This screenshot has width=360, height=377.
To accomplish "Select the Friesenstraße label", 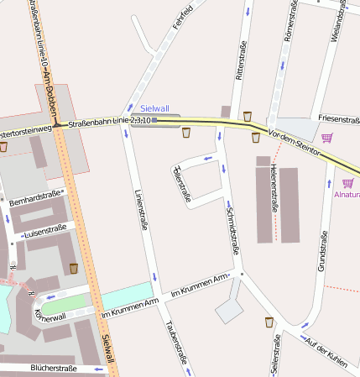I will [337, 119].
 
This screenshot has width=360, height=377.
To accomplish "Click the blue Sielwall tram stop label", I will [154, 108].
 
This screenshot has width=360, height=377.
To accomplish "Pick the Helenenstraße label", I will [274, 187].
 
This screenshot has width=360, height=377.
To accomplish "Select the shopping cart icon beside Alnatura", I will [348, 182].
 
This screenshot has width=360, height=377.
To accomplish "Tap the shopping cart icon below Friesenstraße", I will [326, 138].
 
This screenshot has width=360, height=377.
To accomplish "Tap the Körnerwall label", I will [50, 312].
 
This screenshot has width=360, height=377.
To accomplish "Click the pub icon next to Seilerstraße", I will [269, 322].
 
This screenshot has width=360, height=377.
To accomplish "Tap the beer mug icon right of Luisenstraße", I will [74, 268].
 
